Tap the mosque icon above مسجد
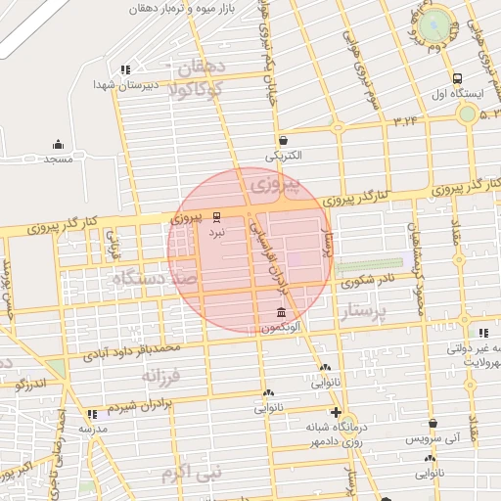(x=58, y=144)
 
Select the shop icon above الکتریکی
(x=283, y=141)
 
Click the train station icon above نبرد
(x=216, y=217)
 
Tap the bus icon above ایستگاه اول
(x=457, y=78)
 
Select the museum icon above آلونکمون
(x=282, y=311)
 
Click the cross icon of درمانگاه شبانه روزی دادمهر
(x=337, y=412)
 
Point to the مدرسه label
(x=92, y=430)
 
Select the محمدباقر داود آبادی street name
(x=131, y=348)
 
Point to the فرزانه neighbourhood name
(x=161, y=376)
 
